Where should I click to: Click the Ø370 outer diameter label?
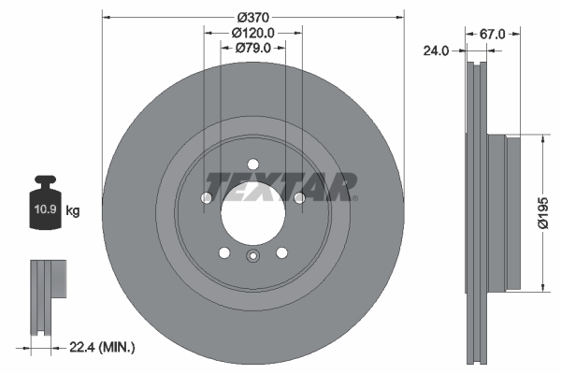(x=253, y=18)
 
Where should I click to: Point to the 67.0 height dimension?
(x=492, y=34)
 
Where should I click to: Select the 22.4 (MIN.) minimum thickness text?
(x=102, y=348)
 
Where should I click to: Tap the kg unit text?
(x=73, y=211)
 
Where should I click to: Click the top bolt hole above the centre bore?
(x=252, y=166)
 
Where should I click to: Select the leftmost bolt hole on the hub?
(x=208, y=197)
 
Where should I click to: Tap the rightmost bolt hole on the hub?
(x=298, y=197)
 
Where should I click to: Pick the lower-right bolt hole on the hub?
(x=281, y=252)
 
